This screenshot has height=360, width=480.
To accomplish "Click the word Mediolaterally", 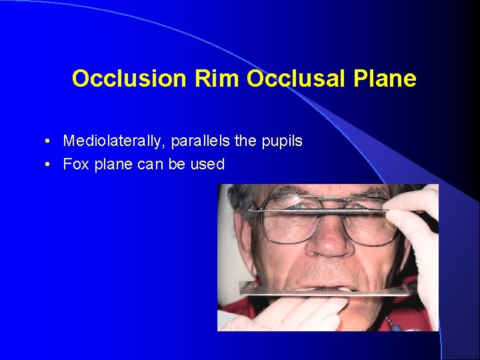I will click(x=114, y=141).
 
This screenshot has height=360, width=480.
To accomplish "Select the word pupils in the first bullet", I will click(x=283, y=141).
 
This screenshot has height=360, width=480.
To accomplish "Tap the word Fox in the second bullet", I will click(x=76, y=164).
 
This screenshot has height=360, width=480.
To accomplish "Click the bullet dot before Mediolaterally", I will click(x=50, y=142).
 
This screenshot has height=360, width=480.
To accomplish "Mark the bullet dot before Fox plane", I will click(x=50, y=165).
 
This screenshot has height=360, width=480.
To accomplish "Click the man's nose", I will click(x=330, y=244).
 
